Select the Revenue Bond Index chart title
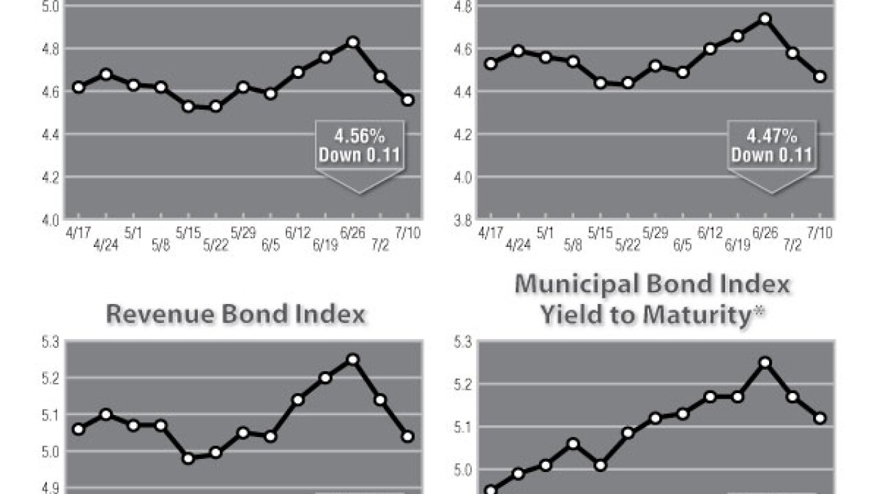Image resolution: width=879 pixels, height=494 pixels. (x=235, y=314)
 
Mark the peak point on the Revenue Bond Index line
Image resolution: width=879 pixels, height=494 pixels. (x=353, y=359)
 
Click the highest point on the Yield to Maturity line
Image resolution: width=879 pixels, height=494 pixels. (x=765, y=362)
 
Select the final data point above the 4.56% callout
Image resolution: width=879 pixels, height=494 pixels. (x=408, y=99)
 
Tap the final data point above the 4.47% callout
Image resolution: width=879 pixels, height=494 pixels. (x=820, y=76)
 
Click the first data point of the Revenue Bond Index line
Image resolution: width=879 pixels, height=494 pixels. (x=78, y=429)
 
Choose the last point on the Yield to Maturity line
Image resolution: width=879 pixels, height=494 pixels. (x=820, y=418)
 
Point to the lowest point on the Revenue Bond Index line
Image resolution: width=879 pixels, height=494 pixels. (x=188, y=458)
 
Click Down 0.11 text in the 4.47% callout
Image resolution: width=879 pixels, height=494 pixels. (x=771, y=154)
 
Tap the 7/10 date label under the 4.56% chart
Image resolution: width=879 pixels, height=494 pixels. (x=409, y=233)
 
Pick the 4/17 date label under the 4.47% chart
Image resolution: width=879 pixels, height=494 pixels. (x=490, y=233)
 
